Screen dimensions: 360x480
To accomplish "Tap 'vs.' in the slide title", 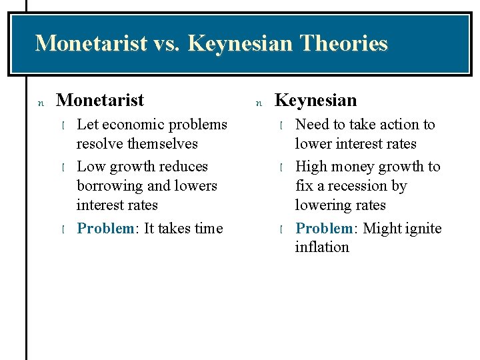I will pyautogui.click(x=167, y=43).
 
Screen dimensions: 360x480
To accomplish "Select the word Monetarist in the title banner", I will pyautogui.click(x=91, y=43).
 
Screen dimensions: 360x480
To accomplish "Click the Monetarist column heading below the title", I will pyautogui.click(x=100, y=100).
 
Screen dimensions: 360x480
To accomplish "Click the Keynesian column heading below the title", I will pyautogui.click(x=315, y=100).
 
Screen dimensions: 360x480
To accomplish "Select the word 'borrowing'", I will pyautogui.click(x=109, y=185).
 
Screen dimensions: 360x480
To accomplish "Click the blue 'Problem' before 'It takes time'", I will pyautogui.click(x=105, y=228).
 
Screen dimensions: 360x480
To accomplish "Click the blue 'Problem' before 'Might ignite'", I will pyautogui.click(x=323, y=228).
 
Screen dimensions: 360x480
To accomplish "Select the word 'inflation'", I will pyautogui.click(x=322, y=247).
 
